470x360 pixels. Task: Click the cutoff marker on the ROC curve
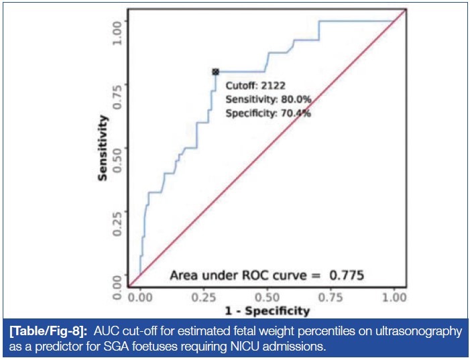(x=215, y=71)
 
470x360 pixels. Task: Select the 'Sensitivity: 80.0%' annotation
(x=268, y=99)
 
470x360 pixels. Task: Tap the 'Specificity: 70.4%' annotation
(x=268, y=113)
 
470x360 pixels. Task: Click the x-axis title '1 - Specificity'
(x=267, y=310)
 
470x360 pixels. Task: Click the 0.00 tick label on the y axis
(x=118, y=284)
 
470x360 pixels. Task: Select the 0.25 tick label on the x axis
(x=204, y=296)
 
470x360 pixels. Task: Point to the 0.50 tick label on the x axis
(x=268, y=296)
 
